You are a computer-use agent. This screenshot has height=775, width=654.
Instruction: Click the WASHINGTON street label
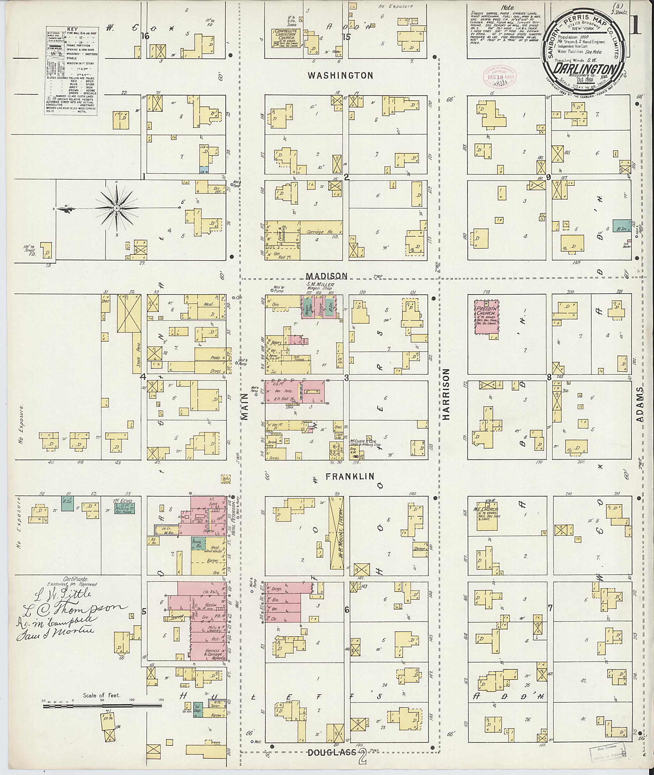coord(340,76)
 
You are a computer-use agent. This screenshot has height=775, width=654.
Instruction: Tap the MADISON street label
coord(327,276)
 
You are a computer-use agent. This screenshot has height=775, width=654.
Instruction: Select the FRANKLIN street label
coord(350,477)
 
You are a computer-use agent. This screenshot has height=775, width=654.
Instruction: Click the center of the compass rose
coord(117,209)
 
